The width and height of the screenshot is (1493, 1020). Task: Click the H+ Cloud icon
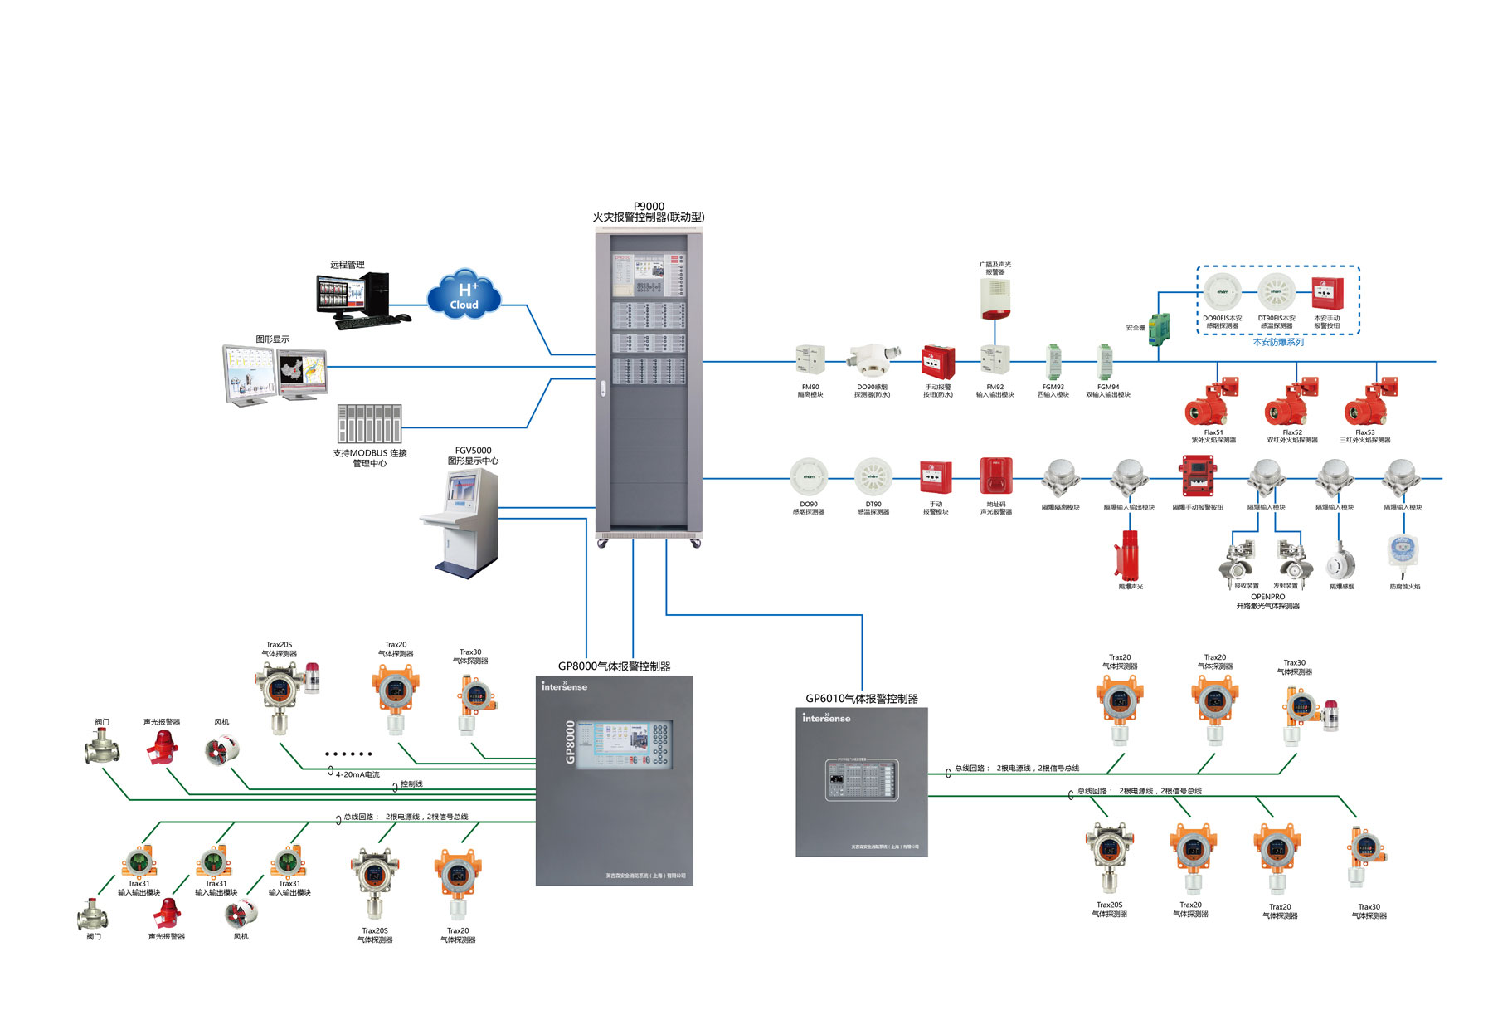pos(464,295)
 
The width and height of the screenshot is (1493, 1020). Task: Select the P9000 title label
pos(649,207)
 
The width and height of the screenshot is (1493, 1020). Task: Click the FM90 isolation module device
pos(810,361)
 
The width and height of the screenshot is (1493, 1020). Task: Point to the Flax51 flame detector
pos(1211,402)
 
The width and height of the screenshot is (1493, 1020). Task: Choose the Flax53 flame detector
pos(1370,402)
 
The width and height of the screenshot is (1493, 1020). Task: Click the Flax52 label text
pos(1292,432)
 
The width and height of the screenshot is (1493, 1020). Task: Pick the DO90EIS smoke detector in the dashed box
pos(1223,292)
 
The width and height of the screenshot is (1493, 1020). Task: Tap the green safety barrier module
pos(1159,326)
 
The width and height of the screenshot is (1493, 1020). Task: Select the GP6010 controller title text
pos(862,699)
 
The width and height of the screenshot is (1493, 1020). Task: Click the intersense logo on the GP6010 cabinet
pos(826,718)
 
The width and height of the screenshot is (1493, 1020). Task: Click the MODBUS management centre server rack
pos(369,423)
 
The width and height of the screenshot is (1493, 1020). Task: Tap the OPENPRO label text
pos(1267,597)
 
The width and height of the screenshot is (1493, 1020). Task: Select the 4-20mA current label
pos(357,774)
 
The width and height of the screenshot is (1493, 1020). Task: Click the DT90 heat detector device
pos(873,477)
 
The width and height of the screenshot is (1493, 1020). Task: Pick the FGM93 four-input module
pos(1053,362)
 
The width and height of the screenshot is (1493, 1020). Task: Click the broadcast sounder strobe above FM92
pos(995,299)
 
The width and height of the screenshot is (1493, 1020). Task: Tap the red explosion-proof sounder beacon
pos(1130,554)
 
